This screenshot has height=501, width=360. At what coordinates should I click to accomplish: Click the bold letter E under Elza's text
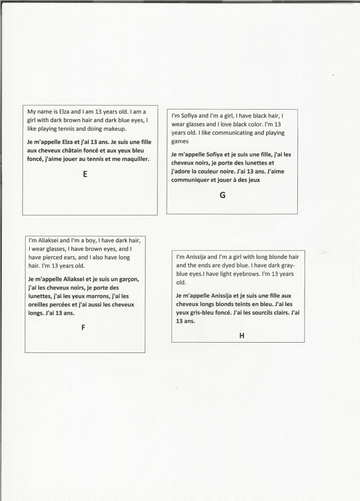click(85, 175)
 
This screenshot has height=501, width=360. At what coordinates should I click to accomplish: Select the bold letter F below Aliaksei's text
click(83, 328)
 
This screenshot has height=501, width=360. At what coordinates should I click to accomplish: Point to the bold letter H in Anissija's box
click(242, 335)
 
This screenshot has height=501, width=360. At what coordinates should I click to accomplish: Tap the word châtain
click(79, 150)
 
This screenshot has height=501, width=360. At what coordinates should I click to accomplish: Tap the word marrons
click(96, 296)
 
